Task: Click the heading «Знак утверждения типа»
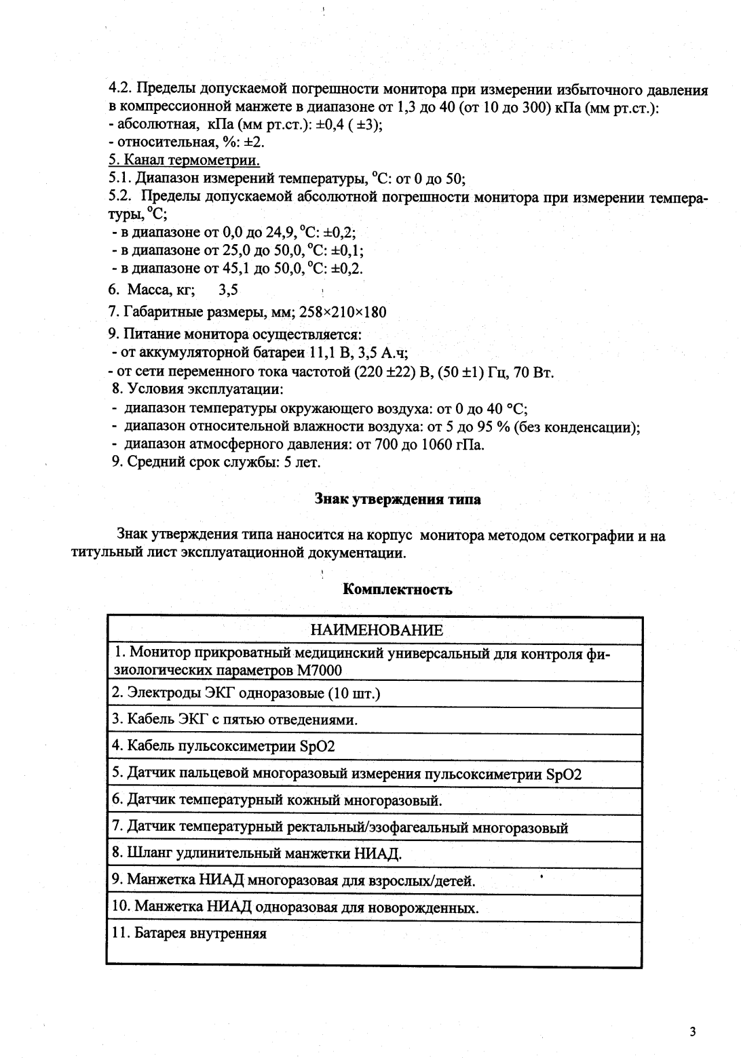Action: click(x=398, y=499)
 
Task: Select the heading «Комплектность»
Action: click(x=398, y=589)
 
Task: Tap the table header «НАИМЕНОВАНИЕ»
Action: click(x=376, y=630)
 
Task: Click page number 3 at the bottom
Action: click(x=692, y=1033)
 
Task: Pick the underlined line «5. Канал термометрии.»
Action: click(x=184, y=161)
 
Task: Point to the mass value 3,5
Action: click(x=228, y=290)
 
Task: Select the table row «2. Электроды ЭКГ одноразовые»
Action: click(x=246, y=693)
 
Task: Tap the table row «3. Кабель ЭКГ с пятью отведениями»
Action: click(x=234, y=720)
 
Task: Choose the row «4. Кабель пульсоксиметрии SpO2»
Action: click(x=223, y=746)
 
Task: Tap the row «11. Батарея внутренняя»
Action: click(x=189, y=933)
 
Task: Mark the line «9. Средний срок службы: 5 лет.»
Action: click(x=216, y=462)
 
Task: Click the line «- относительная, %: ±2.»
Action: click(x=186, y=143)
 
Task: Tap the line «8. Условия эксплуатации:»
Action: click(x=197, y=390)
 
